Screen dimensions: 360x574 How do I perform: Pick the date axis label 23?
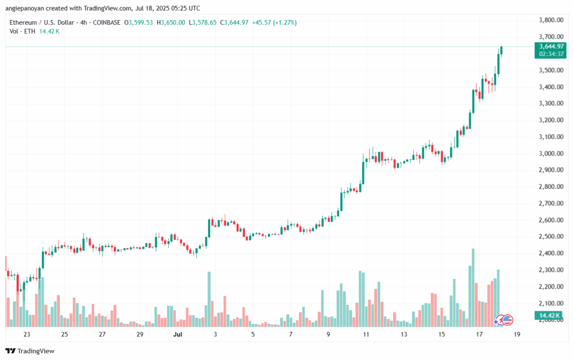[26, 334]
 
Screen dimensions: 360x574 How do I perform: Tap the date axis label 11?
[366, 334]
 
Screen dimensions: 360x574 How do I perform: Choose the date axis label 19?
[517, 334]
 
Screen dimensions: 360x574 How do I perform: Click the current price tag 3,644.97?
[550, 46]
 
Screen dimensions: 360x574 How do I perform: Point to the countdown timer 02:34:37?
[550, 54]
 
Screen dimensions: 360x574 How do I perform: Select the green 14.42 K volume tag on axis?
[549, 316]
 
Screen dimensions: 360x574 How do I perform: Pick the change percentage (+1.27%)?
[285, 22]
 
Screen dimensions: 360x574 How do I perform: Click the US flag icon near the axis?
[507, 320]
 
